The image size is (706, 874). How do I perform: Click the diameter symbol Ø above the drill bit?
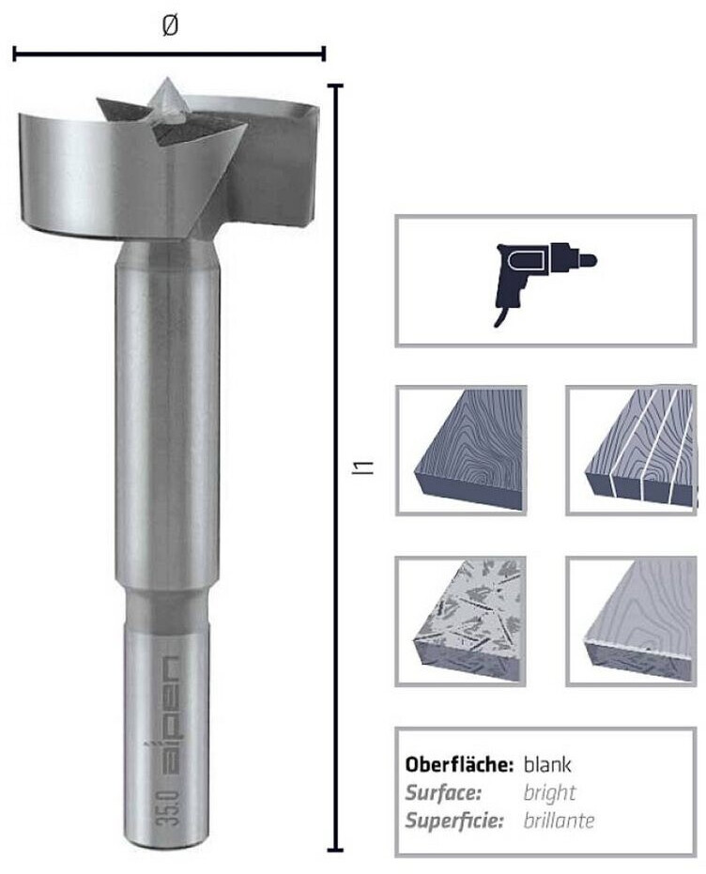pyautogui.click(x=170, y=25)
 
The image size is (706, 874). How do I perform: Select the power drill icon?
pyautogui.click(x=545, y=282)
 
